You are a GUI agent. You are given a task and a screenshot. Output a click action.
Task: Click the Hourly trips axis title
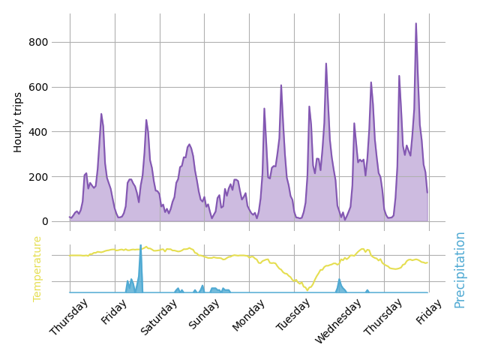[x=19, y=122]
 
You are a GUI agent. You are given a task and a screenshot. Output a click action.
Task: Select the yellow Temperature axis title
[x=37, y=268]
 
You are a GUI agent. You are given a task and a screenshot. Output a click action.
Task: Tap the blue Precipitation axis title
[x=460, y=269]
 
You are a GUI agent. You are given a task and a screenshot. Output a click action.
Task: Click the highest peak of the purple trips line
[x=416, y=23]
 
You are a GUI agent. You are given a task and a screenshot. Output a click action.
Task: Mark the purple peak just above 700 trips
[x=326, y=64]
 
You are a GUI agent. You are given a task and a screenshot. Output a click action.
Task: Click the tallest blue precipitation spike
[x=140, y=246]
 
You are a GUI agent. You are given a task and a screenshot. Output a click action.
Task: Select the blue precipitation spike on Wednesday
[x=339, y=280]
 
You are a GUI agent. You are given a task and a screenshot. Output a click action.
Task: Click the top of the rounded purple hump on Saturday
[x=189, y=144]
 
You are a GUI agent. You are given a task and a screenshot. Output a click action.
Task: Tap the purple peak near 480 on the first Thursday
[x=101, y=114]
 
